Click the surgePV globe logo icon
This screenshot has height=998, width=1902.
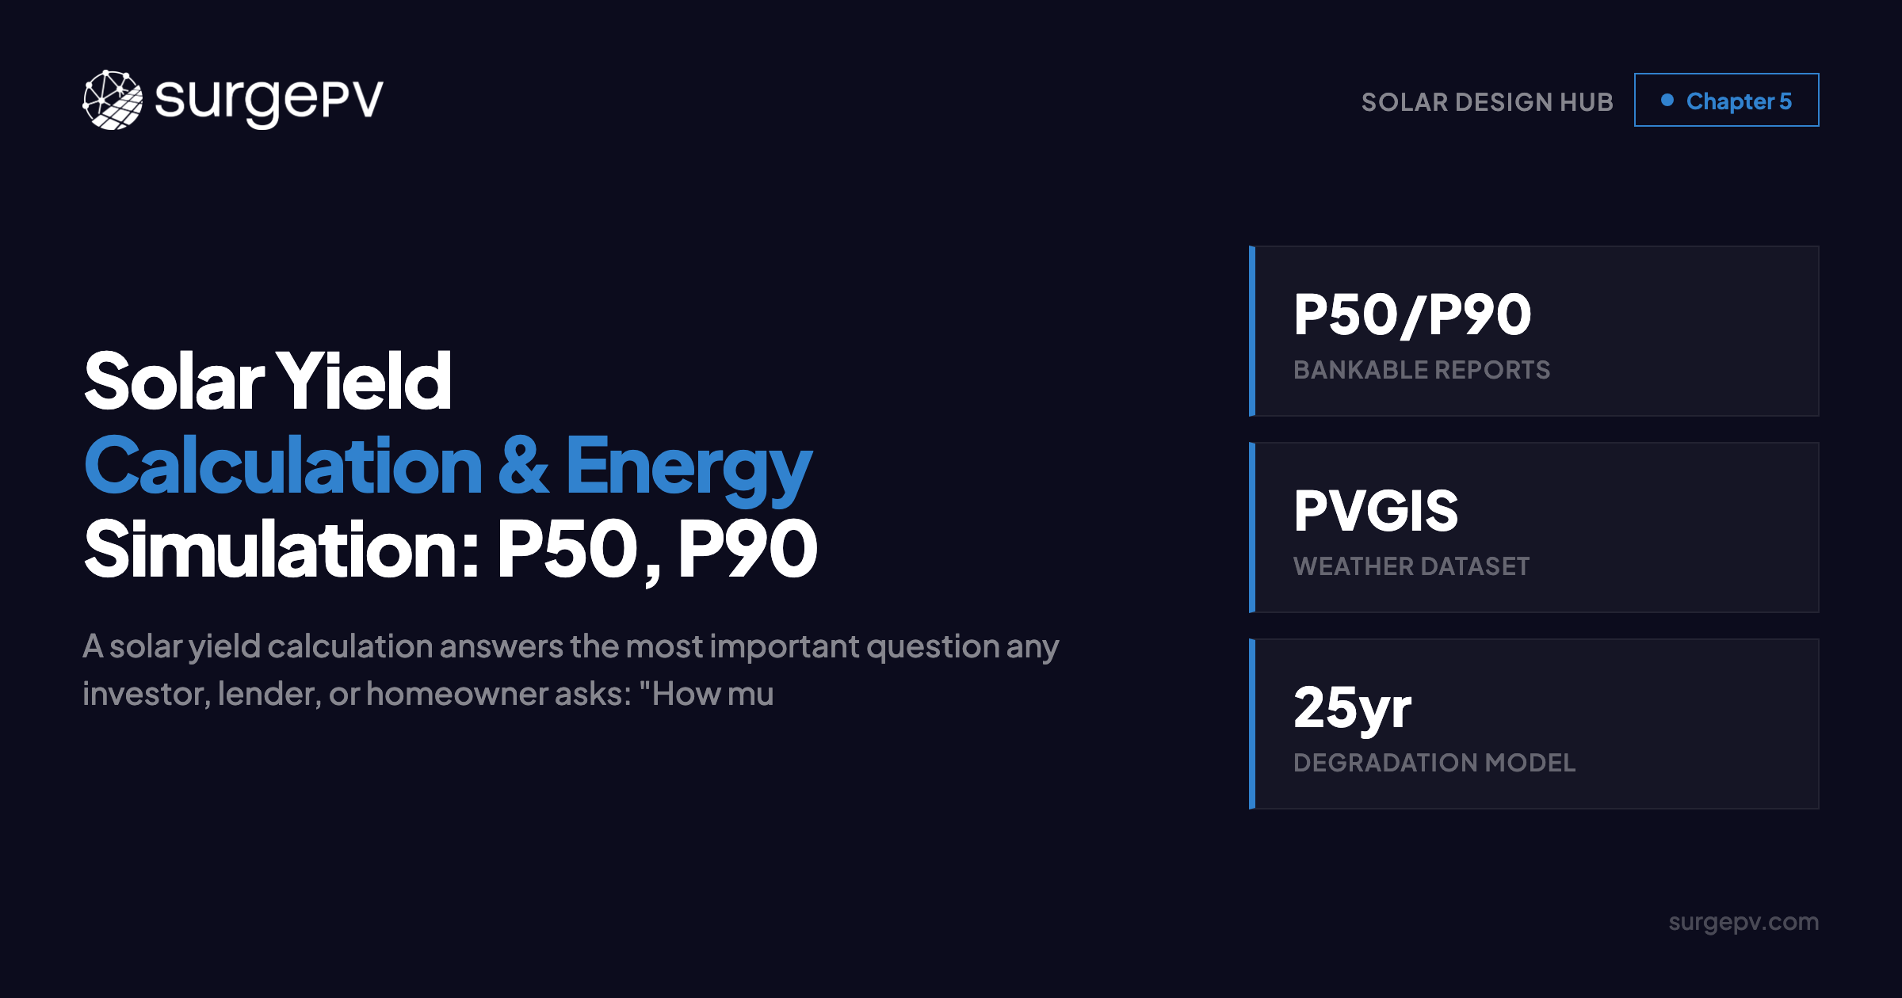coord(113,100)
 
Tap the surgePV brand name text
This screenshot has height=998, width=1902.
coord(269,100)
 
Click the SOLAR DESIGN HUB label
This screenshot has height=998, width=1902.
coord(1487,102)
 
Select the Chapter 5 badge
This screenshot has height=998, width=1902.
coord(1726,101)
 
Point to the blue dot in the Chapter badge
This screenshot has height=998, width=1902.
coord(1667,100)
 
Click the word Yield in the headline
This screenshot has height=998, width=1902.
coord(363,382)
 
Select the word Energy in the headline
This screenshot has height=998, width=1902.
coord(688,467)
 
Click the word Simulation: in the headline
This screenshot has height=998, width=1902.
coord(282,550)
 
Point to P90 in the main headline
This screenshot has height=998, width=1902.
coord(747,550)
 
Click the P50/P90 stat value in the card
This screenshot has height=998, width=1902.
coord(1412,315)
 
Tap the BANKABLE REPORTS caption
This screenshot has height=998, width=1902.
coord(1422,370)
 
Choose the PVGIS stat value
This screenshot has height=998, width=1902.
coord(1376,511)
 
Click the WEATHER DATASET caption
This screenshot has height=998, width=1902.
coord(1411,566)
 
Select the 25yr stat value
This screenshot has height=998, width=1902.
coord(1352,707)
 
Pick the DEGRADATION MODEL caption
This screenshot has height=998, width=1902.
coord(1434,763)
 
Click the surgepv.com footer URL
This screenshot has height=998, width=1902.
coord(1743,922)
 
